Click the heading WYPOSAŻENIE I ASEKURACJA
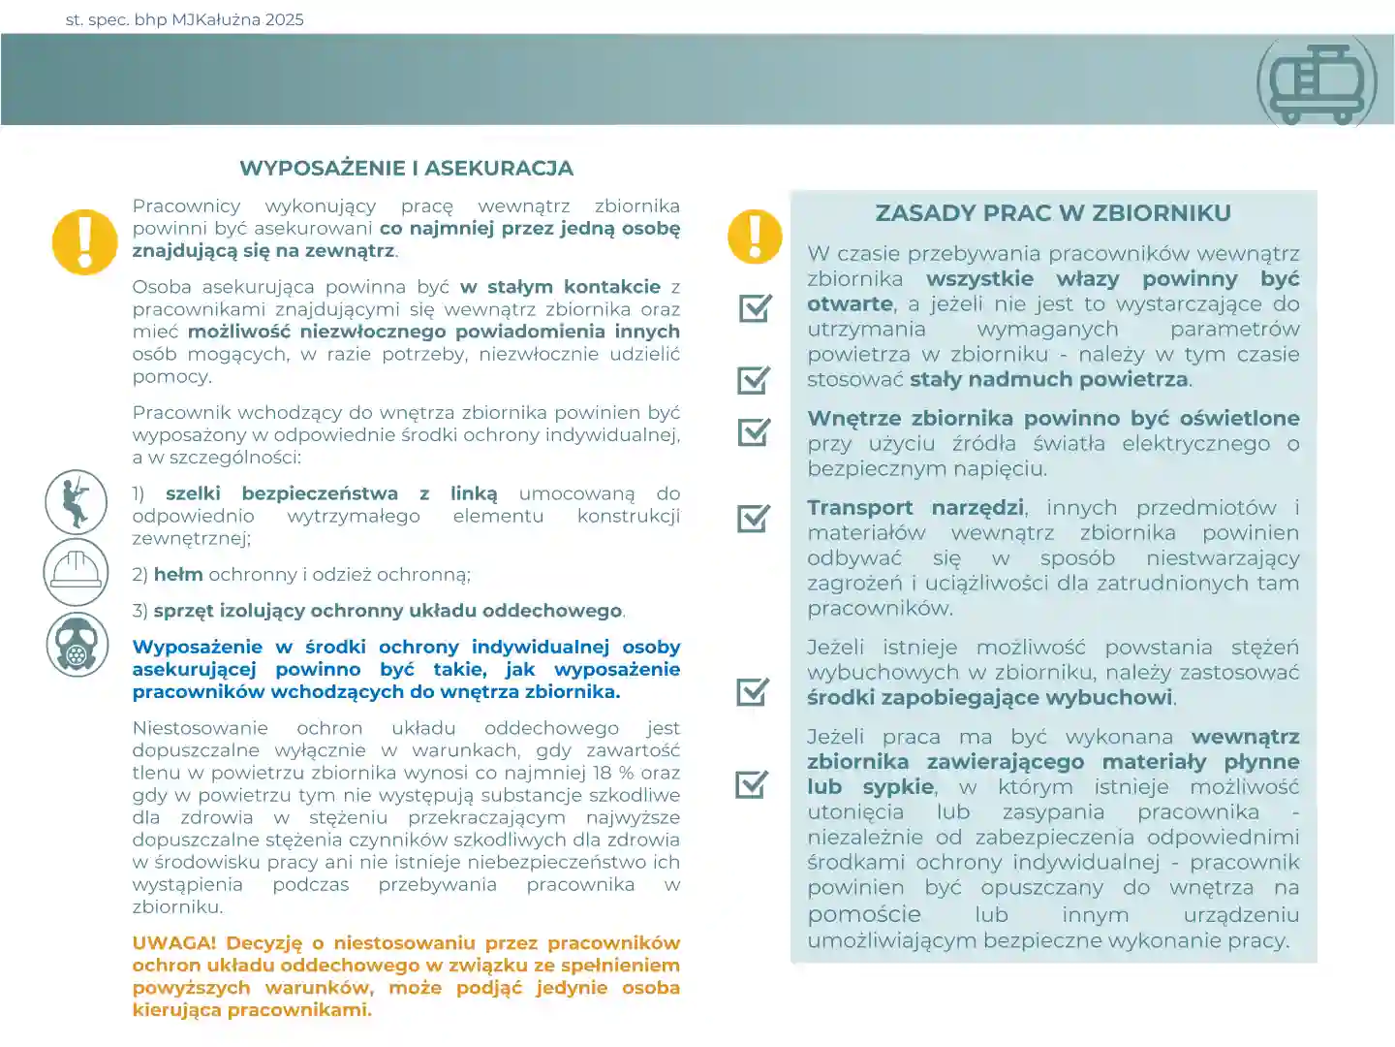coord(406,168)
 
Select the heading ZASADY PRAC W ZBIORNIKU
coord(1053,213)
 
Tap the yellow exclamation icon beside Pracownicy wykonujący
coord(84,241)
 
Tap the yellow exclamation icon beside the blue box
coord(755,237)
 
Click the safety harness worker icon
coord(76,501)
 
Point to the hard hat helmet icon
coord(76,572)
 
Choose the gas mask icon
coord(77,643)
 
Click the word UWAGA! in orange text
coord(174,943)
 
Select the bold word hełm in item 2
coord(178,575)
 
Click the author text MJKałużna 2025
coord(237,19)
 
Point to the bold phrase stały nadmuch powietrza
coord(1049,379)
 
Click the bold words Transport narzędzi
coord(915,508)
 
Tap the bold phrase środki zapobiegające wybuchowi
coord(990,697)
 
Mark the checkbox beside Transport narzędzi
coord(754,518)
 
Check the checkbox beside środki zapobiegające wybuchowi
coord(753,691)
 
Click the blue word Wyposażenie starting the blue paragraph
coord(198,647)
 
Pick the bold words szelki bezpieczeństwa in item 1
coord(281,493)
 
